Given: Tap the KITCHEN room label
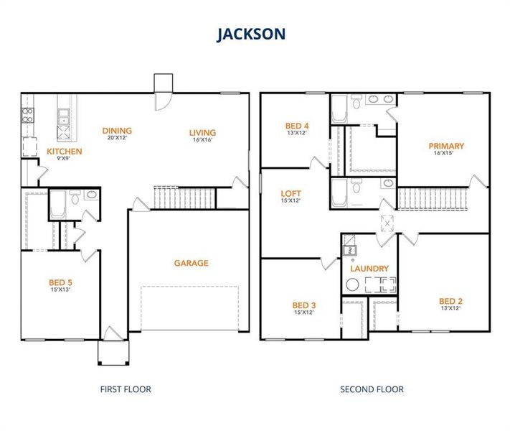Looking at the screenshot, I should (65, 152).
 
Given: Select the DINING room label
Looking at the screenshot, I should (117, 131).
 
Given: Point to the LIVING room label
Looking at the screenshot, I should (202, 132).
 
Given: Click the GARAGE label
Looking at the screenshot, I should (191, 263).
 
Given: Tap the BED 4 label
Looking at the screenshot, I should (297, 126).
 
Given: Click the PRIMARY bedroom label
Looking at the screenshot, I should (445, 146).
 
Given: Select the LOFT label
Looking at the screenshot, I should (291, 194).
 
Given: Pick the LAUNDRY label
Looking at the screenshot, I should (369, 269).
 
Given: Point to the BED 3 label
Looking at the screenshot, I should (304, 305).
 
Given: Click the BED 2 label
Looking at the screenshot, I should (450, 301).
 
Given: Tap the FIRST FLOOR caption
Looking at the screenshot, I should (125, 389).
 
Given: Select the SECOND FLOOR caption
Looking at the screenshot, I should (372, 389).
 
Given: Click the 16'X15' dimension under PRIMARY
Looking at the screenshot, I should (445, 153).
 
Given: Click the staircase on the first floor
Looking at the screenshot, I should (185, 197).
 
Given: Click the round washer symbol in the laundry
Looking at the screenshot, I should (351, 284).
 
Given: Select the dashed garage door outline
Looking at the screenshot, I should (189, 307).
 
